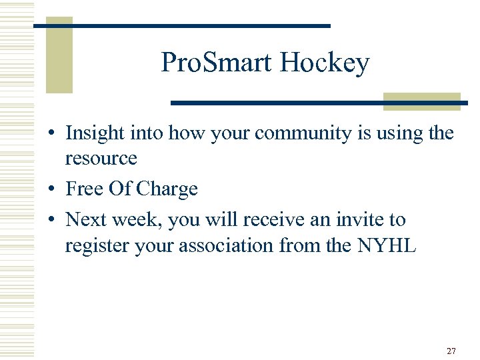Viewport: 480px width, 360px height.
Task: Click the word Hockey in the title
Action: tap(325, 63)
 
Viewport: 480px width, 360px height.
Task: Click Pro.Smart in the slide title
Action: tap(217, 63)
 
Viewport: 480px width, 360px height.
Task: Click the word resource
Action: tap(101, 159)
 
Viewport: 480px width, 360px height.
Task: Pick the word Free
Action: tap(84, 189)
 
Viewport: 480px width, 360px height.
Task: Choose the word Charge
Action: tap(167, 189)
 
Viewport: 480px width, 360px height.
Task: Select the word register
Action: tap(95, 246)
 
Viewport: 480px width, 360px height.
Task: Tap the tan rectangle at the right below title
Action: tap(422, 101)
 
